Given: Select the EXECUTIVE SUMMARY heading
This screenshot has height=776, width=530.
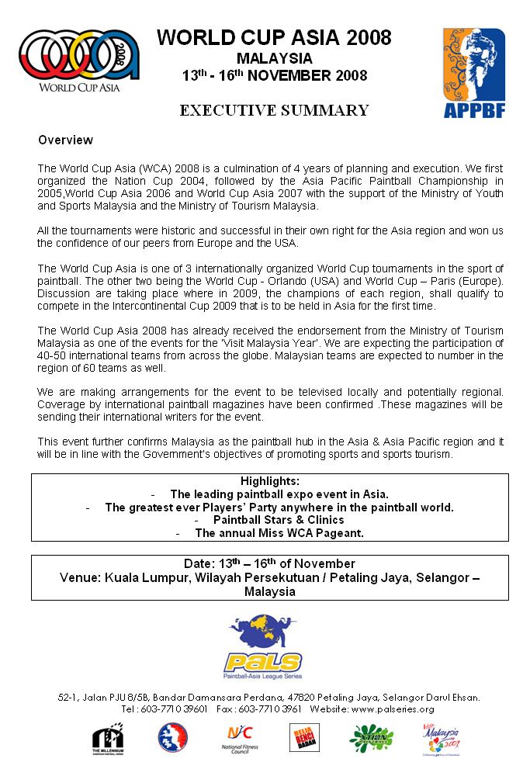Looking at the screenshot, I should point(274,110).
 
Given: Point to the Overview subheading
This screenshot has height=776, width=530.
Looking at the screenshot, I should point(65,140).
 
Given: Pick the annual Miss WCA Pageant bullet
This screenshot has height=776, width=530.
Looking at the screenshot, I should point(279,533).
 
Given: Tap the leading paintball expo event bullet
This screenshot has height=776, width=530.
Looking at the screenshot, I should point(279,494).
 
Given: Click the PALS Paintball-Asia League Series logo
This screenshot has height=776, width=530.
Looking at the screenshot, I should point(263,646).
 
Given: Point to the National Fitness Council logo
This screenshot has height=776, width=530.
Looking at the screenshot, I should point(239,738).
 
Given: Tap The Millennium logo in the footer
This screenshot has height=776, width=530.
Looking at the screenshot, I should point(107,740).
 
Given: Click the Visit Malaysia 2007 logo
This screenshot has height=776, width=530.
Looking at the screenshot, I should point(442,739).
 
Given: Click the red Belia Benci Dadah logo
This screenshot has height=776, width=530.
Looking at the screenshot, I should point(305,738).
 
